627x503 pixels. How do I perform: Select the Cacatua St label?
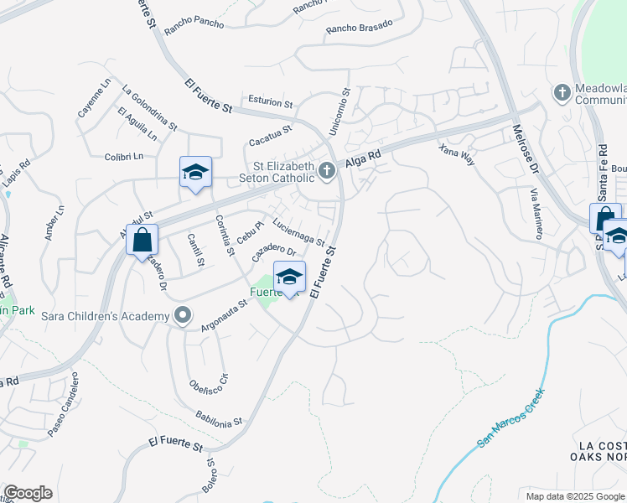pyautogui.click(x=269, y=130)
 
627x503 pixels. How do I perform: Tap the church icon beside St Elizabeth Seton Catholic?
pyautogui.click(x=327, y=172)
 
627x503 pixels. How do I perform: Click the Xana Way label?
pyautogui.click(x=457, y=153)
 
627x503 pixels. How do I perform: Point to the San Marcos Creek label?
pyautogui.click(x=510, y=417)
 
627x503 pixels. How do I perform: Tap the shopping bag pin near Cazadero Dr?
pyautogui.click(x=142, y=239)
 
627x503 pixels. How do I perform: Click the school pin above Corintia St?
pyautogui.click(x=195, y=172)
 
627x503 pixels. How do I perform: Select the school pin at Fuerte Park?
pyautogui.click(x=289, y=277)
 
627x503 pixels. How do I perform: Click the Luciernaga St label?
pyautogui.click(x=299, y=233)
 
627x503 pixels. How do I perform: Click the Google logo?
pyautogui.click(x=28, y=493)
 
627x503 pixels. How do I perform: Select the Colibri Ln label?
pyautogui.click(x=124, y=156)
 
